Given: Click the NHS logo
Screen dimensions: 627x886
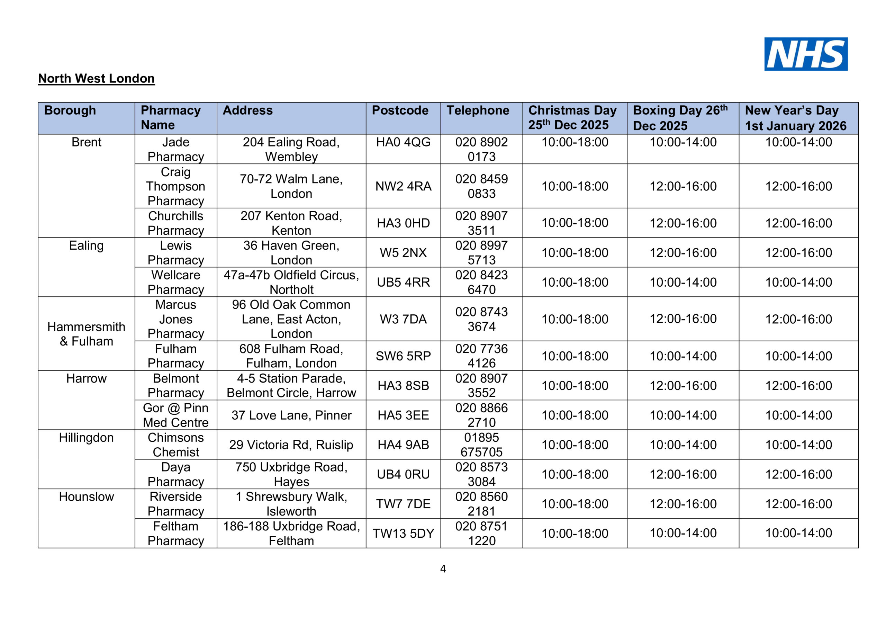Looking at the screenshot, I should (x=806, y=54).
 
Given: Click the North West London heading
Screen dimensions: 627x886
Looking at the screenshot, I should (x=96, y=78).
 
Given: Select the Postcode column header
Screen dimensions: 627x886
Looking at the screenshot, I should (x=400, y=110).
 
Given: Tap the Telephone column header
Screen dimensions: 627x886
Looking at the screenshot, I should (x=478, y=110).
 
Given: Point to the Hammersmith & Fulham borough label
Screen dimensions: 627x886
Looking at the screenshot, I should (x=87, y=334).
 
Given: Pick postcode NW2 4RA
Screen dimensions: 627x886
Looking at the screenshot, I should (x=403, y=186).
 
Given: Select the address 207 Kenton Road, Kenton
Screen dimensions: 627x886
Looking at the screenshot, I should (x=291, y=223).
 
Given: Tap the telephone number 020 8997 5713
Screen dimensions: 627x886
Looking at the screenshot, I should (x=481, y=252).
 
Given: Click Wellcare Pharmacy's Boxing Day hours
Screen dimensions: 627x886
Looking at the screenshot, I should (x=683, y=282).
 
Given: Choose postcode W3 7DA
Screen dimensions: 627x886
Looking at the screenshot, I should (x=403, y=319).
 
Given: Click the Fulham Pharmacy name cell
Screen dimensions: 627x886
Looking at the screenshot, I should (x=175, y=356).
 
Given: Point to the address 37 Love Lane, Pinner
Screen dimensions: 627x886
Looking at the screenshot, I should (x=291, y=415).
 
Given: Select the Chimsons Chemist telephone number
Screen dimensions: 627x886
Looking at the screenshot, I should (x=481, y=445).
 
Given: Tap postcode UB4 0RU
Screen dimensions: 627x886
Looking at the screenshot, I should (x=403, y=474).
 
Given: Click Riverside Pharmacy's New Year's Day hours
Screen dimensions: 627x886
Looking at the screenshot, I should (x=798, y=504).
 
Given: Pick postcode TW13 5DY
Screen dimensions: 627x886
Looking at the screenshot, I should (x=403, y=533).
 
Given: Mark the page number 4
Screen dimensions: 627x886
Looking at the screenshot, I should (x=443, y=569).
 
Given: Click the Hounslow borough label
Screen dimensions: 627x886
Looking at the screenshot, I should (x=87, y=496).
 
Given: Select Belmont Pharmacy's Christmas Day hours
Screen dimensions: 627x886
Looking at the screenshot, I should (x=575, y=385).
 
